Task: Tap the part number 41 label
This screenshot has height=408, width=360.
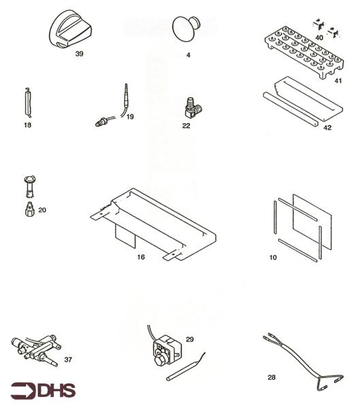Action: tap(338, 80)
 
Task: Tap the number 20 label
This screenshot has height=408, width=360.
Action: tap(42, 210)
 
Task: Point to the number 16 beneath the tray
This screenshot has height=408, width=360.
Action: tap(141, 257)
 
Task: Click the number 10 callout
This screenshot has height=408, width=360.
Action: tap(273, 258)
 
